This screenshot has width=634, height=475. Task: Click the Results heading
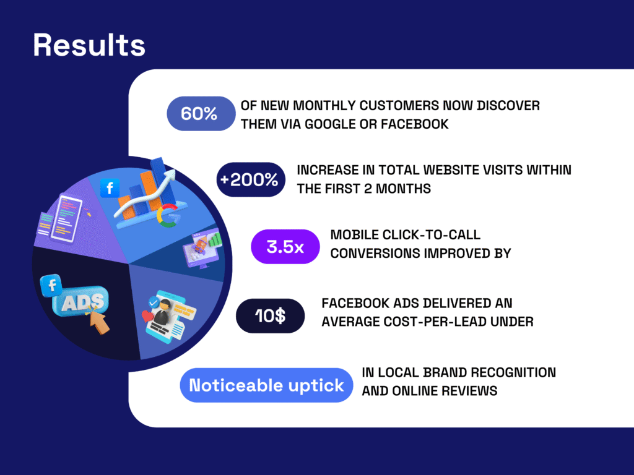pyautogui.click(x=89, y=45)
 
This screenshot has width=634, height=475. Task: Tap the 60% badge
pyautogui.click(x=201, y=114)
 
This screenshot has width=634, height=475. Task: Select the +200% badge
pyautogui.click(x=251, y=180)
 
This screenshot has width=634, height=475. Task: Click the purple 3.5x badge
pyautogui.click(x=285, y=247)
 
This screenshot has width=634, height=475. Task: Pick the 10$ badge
pyautogui.click(x=270, y=316)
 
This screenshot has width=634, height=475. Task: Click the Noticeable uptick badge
pyautogui.click(x=266, y=385)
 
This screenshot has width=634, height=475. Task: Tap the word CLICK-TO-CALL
pyautogui.click(x=431, y=234)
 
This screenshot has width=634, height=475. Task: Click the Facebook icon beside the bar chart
pyautogui.click(x=110, y=188)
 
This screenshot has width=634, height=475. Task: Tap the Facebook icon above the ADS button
pyautogui.click(x=51, y=285)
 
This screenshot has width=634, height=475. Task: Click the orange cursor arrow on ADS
pyautogui.click(x=98, y=321)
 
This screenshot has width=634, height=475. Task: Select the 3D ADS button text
pyautogui.click(x=83, y=301)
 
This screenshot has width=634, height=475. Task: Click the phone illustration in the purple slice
pyautogui.click(x=66, y=218)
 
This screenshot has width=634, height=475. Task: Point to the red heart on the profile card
pyautogui.click(x=147, y=315)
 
